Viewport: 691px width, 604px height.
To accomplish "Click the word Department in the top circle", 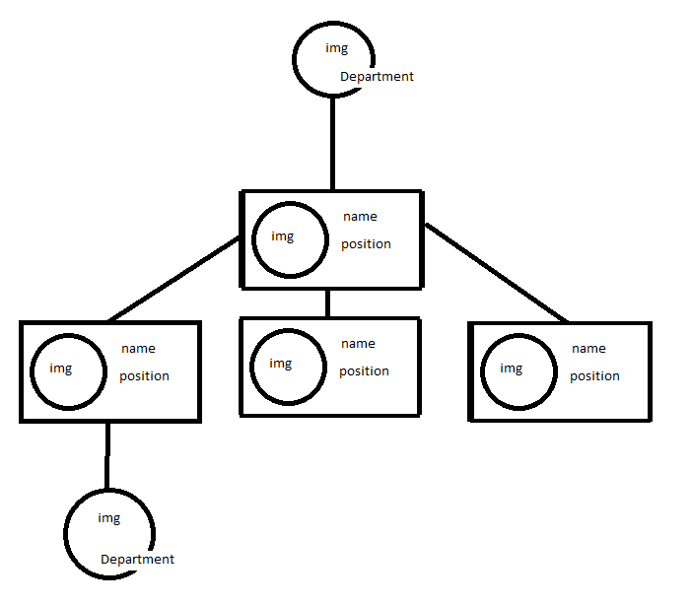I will point(377,77).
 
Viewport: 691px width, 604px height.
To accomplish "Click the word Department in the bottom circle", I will point(137,560).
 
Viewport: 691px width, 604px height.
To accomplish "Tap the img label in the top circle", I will point(336,48).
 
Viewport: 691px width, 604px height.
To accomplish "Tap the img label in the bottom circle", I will point(108,518).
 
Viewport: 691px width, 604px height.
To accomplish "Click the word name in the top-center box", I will point(360,217).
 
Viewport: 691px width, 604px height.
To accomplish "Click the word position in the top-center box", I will point(366,244).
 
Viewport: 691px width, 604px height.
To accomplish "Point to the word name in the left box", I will point(138,349).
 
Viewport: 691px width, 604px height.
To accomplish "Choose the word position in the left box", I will point(144,376).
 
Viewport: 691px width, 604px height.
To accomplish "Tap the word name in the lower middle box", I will point(358,344).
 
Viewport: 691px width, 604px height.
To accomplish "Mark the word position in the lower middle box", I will point(364,371).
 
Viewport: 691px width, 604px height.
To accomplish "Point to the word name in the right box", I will point(588,349).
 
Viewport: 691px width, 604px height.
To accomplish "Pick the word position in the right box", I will point(594,376).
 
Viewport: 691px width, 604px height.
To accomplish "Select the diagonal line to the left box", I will point(173,280).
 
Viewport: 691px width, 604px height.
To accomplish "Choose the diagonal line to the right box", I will point(496,274).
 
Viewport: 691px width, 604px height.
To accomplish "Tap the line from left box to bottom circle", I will point(107,456).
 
